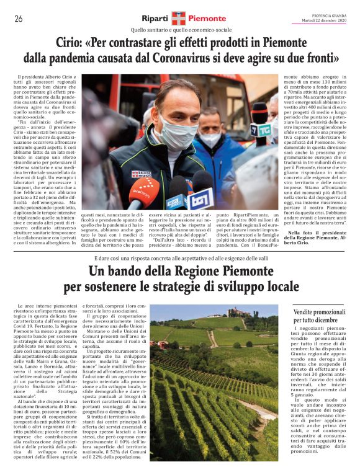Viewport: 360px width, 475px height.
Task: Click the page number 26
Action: [x=19, y=19]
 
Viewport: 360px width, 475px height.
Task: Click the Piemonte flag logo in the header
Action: [x=179, y=19]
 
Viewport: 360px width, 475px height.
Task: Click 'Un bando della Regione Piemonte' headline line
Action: [x=180, y=271]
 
